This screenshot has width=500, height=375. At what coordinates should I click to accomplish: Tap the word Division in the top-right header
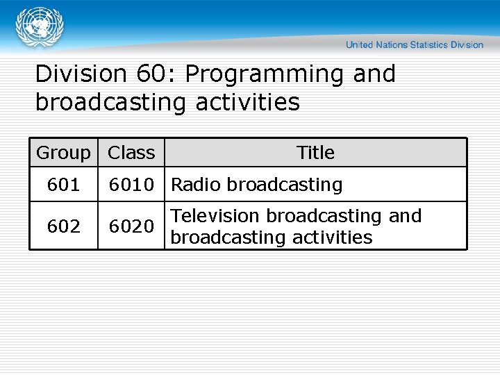467,45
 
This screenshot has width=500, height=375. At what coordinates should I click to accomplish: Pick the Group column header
63,153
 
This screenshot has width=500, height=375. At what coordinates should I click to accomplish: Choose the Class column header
131,153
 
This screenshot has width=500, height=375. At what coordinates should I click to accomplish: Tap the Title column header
315,153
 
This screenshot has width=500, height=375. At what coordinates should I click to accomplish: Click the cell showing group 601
63,185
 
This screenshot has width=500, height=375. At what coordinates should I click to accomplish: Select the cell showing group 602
63,226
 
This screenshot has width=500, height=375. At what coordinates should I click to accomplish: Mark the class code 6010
131,185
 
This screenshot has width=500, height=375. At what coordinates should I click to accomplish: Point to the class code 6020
131,226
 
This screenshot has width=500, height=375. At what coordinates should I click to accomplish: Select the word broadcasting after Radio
285,185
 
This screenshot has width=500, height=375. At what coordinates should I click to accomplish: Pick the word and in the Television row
406,216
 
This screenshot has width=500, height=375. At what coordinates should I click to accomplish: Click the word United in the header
360,45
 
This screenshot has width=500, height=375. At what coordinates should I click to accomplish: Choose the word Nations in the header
392,45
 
